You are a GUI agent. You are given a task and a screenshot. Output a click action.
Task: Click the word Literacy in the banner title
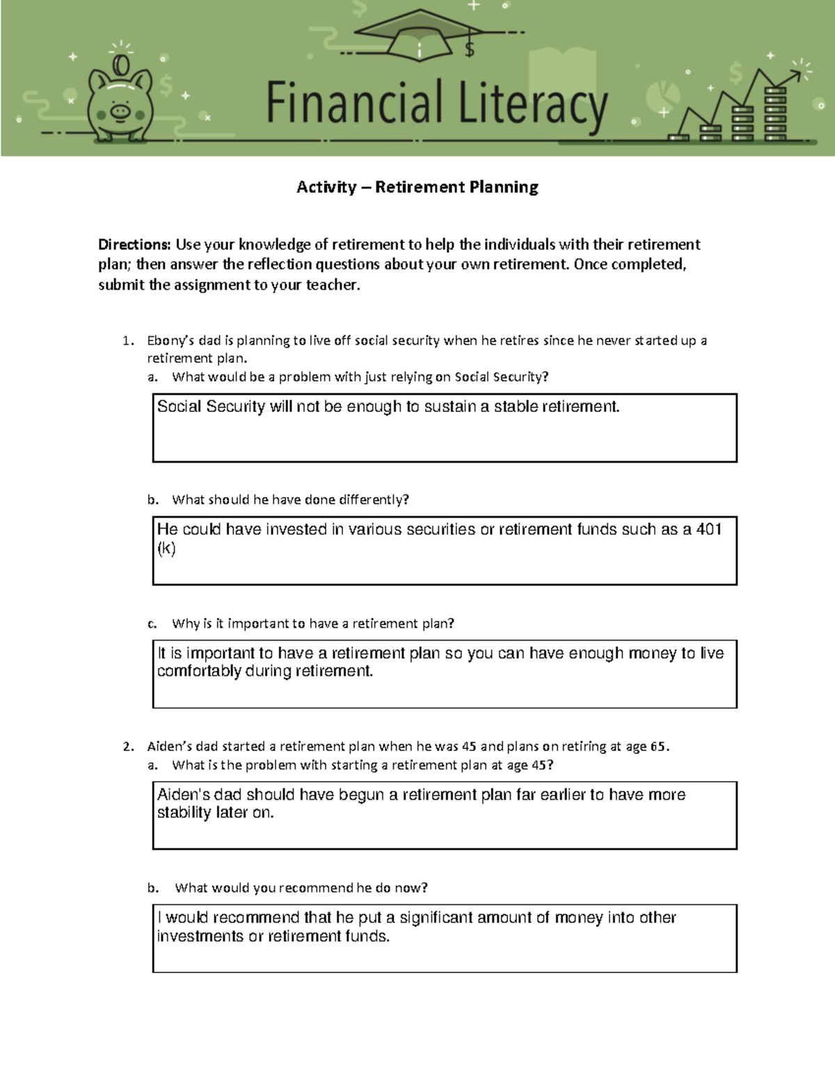[x=533, y=104]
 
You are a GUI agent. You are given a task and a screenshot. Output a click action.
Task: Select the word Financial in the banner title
[x=354, y=102]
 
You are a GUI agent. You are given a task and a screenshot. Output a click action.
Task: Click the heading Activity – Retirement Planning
[x=417, y=187]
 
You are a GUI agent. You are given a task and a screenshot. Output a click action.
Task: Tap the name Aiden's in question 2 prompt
[x=170, y=746]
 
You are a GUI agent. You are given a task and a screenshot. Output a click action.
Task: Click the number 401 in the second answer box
[x=708, y=530]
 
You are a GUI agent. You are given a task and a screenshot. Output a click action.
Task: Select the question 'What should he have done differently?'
[x=290, y=500]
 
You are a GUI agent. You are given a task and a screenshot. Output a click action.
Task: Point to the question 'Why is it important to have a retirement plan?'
[x=312, y=624]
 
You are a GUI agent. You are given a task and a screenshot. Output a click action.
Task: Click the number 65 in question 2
[x=658, y=746]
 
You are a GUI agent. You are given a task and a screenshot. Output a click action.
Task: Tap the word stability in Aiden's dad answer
[x=184, y=813]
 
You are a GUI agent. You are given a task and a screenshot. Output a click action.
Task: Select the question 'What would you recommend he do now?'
[x=301, y=888]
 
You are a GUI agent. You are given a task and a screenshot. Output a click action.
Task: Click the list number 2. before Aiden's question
[x=128, y=747]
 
